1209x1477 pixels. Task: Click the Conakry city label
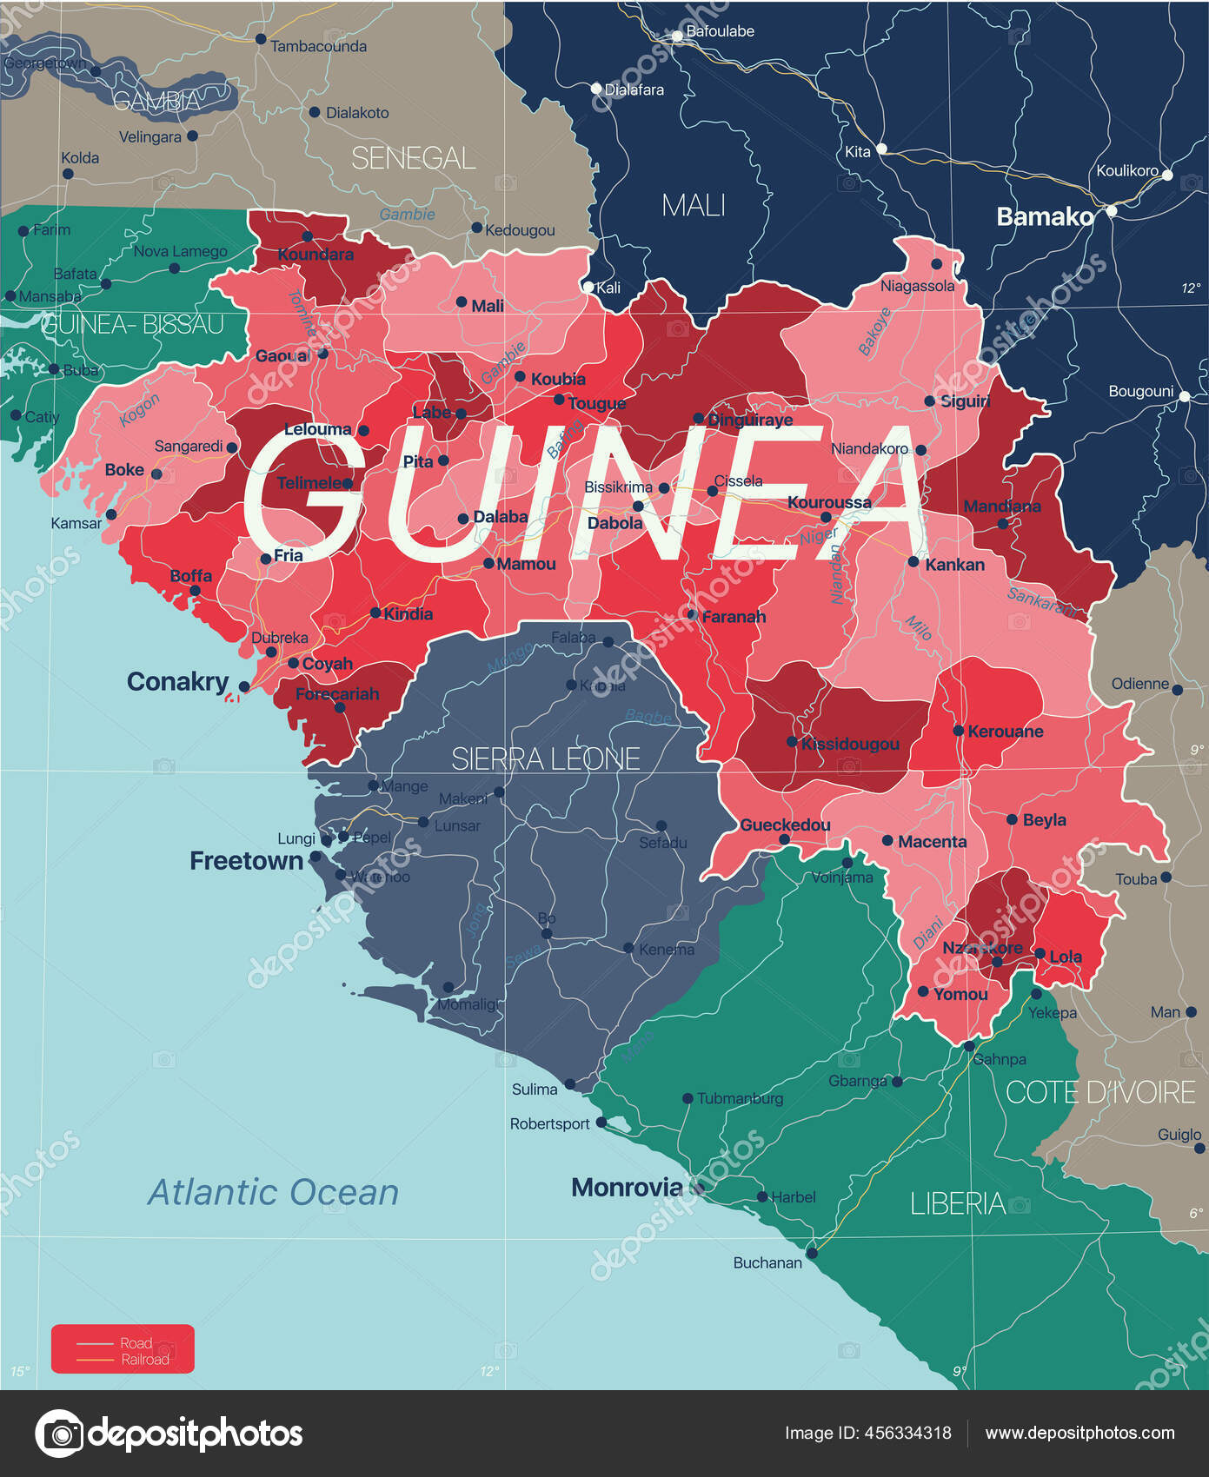[x=177, y=681]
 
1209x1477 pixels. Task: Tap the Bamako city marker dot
[x=1111, y=210]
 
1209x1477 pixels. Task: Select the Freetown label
[x=246, y=861]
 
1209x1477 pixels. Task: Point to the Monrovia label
[x=627, y=1187]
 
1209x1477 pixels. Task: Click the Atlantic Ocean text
[x=273, y=1192]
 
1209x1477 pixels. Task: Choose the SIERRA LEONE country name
[x=545, y=758]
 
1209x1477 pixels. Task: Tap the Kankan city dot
[x=913, y=561]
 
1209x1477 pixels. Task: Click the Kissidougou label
[x=850, y=744]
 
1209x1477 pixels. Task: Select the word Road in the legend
[x=136, y=1343]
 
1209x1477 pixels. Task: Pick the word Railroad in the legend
[x=145, y=1360]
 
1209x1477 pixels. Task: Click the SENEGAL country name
[x=413, y=158]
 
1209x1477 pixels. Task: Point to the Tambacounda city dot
[x=260, y=39]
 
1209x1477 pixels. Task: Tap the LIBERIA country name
[x=957, y=1203]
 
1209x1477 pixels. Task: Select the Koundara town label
[x=316, y=255]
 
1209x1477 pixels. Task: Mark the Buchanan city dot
[x=812, y=1253]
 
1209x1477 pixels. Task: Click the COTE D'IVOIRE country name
[x=1100, y=1092]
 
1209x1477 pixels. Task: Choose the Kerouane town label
[x=1005, y=732]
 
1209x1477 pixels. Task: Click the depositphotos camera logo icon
[x=59, y=1433]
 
